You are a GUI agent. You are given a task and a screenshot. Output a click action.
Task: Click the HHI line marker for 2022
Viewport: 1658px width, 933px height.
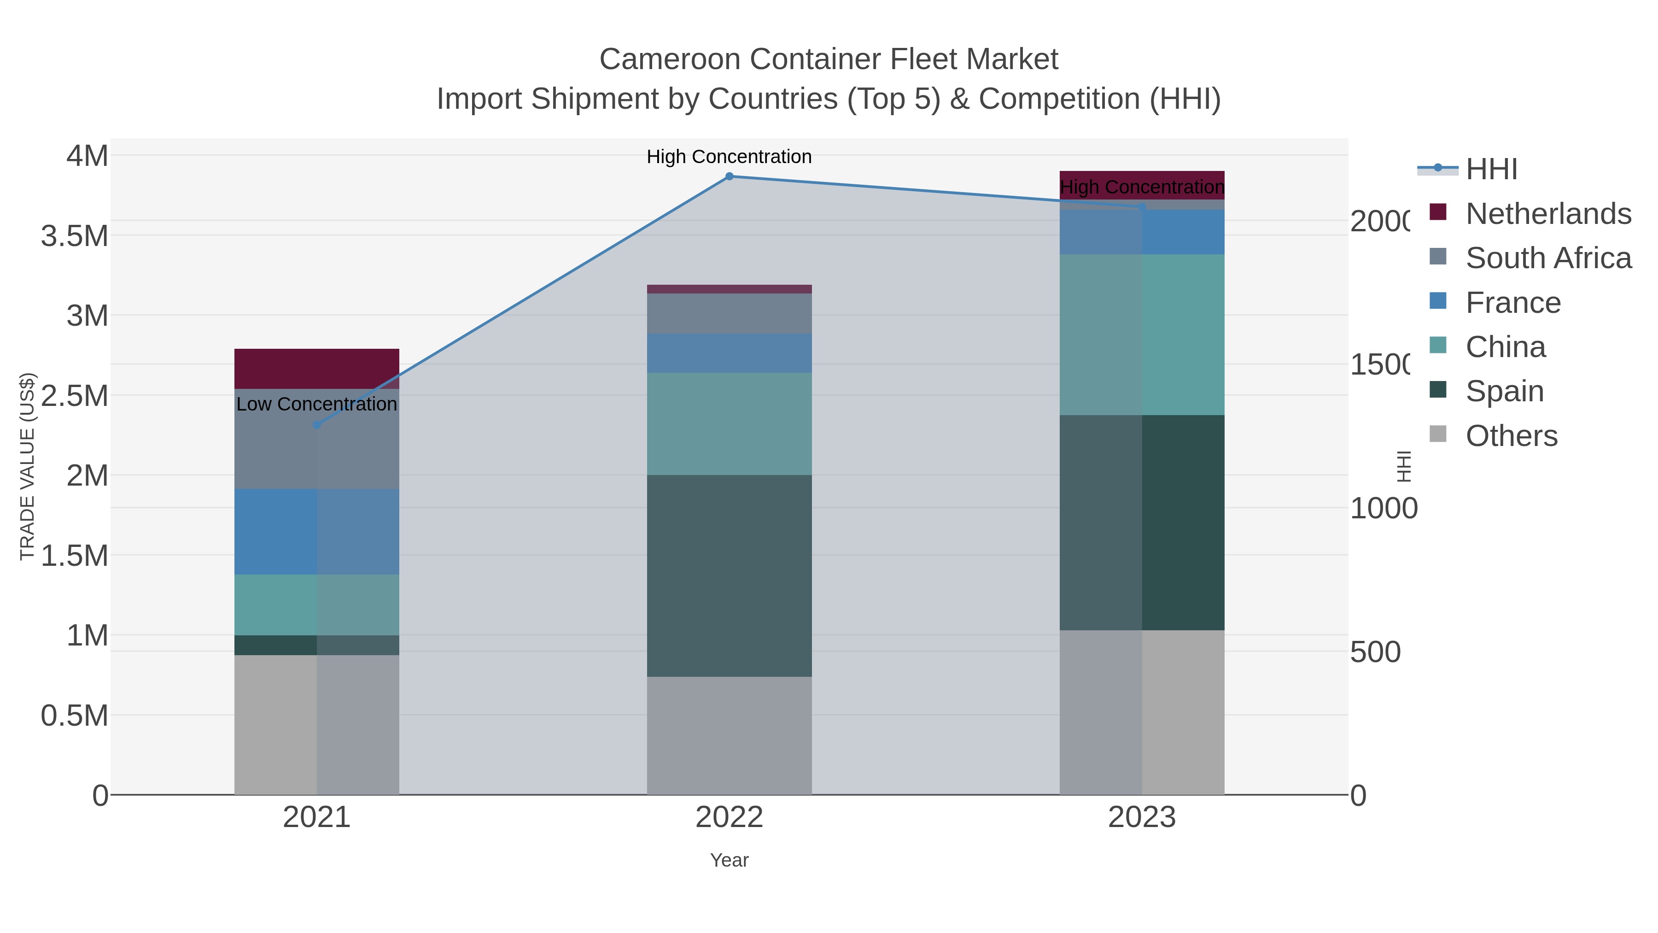coord(729,176)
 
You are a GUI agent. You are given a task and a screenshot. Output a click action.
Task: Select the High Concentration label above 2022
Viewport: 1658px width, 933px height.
coord(729,157)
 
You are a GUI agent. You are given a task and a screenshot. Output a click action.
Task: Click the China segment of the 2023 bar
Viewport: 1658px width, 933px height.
coord(1142,335)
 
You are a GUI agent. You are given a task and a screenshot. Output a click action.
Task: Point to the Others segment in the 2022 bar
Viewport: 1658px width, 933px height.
coord(729,735)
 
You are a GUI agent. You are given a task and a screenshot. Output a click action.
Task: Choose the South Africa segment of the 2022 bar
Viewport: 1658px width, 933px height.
coord(729,314)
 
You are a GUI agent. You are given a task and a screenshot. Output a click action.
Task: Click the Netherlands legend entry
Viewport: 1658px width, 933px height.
coord(1547,214)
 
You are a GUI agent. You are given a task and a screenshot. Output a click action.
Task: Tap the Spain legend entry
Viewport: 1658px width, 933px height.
coord(1504,391)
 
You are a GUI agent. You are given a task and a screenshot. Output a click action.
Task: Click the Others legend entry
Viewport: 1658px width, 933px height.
coord(1511,436)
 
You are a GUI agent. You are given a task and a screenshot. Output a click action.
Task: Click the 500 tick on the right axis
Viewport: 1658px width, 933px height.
coord(1375,652)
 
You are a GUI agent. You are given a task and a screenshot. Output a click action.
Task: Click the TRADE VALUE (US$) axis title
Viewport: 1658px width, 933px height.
coord(27,466)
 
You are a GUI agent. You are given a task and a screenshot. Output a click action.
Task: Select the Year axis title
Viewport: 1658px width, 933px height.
coord(729,860)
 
